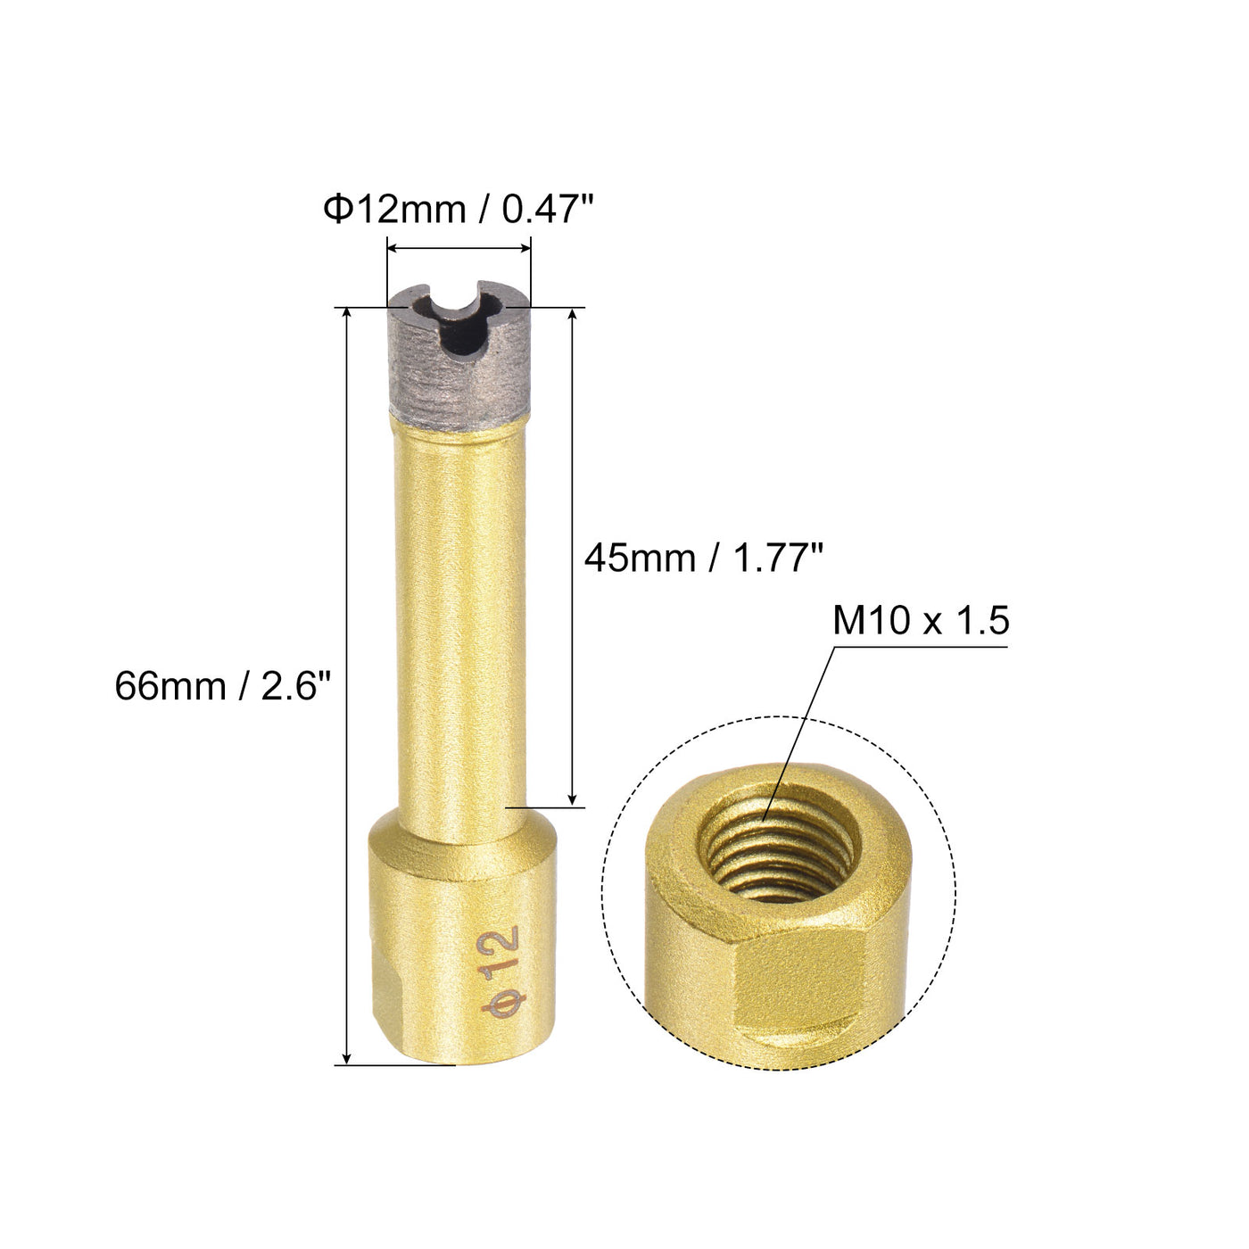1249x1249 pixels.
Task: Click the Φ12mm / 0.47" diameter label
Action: tap(459, 210)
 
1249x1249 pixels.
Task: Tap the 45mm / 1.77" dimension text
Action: tap(704, 558)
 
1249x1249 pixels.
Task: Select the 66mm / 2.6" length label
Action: tap(223, 686)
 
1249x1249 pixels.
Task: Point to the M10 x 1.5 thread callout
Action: tap(921, 620)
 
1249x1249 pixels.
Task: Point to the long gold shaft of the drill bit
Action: tap(460, 622)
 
